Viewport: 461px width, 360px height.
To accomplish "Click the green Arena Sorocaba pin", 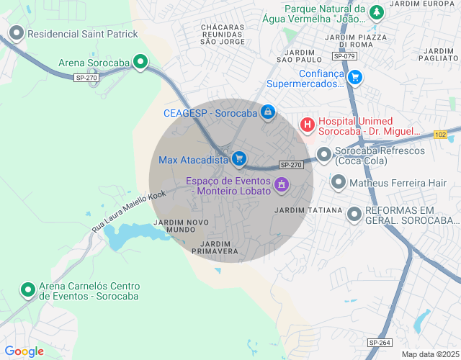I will point(140,63).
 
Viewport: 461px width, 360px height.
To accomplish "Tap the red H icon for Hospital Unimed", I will point(308,125).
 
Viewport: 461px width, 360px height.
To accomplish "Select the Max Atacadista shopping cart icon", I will point(240,159).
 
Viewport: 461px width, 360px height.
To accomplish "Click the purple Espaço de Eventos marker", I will point(282,185).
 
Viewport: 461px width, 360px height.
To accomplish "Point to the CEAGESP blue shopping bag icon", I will point(268,112).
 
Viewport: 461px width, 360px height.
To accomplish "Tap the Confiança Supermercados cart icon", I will point(354,78).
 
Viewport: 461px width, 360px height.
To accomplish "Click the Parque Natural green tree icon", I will point(376,12).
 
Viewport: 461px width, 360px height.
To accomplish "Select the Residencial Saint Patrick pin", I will point(16,33).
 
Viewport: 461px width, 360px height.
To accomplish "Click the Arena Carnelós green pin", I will point(28,289).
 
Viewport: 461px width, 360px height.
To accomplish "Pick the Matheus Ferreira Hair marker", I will point(338,183).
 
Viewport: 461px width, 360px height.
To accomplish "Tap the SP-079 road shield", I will point(344,55).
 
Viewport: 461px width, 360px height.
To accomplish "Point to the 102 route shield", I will point(441,135).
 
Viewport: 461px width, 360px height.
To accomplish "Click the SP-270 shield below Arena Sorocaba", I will point(87,77).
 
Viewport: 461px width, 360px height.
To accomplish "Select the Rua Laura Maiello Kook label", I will point(128,210).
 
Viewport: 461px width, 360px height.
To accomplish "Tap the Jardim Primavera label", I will point(215,248).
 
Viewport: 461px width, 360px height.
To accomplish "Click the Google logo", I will point(24,351).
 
